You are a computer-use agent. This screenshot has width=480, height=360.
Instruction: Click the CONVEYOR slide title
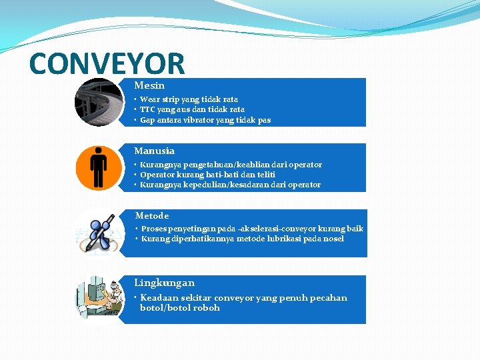click(x=107, y=63)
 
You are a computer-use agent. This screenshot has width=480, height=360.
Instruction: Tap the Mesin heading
click(x=149, y=85)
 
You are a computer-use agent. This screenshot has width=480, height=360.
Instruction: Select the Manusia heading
click(x=154, y=151)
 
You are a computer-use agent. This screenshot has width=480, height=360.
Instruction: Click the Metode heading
click(x=152, y=215)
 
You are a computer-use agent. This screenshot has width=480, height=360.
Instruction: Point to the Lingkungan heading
click(x=164, y=283)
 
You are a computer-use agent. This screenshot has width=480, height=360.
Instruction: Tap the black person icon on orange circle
click(x=98, y=167)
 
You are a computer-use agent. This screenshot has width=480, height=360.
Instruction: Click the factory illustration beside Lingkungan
click(x=98, y=298)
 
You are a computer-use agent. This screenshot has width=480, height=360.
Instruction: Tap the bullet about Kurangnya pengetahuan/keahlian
click(x=231, y=165)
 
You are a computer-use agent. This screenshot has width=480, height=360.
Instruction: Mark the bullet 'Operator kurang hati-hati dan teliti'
click(x=207, y=175)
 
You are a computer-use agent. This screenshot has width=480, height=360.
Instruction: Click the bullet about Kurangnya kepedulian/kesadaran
click(x=230, y=185)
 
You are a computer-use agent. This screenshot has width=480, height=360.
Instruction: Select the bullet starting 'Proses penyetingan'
click(x=252, y=229)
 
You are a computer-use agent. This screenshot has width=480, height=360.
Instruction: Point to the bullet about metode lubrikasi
click(x=243, y=239)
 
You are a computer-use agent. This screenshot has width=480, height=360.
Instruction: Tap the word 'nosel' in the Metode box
click(x=333, y=239)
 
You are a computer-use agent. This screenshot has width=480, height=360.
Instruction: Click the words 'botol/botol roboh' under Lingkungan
click(x=179, y=308)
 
